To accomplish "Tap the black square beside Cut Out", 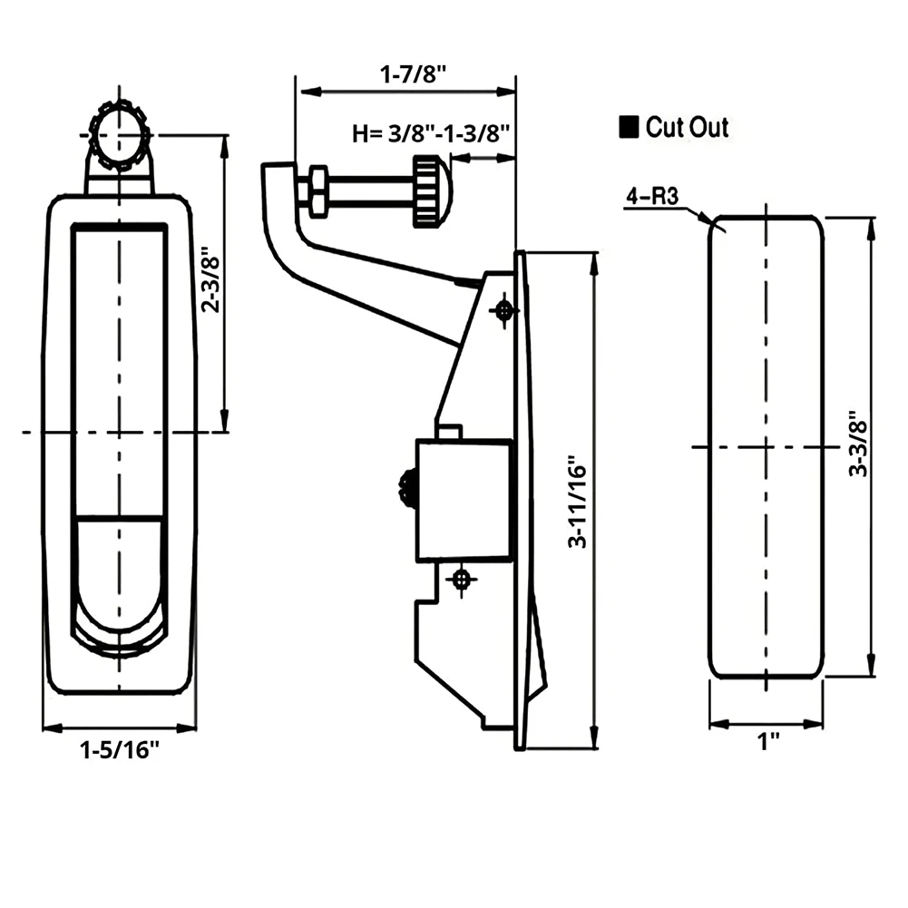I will pos(628,128).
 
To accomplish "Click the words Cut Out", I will pos(687,128).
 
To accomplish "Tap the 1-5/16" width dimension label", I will pos(119,750).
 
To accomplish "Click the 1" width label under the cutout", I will pos(768,742).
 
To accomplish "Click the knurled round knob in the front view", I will pos(118,138).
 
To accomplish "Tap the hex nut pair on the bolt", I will pos(317,192).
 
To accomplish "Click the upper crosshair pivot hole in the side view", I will pos(503,310).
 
